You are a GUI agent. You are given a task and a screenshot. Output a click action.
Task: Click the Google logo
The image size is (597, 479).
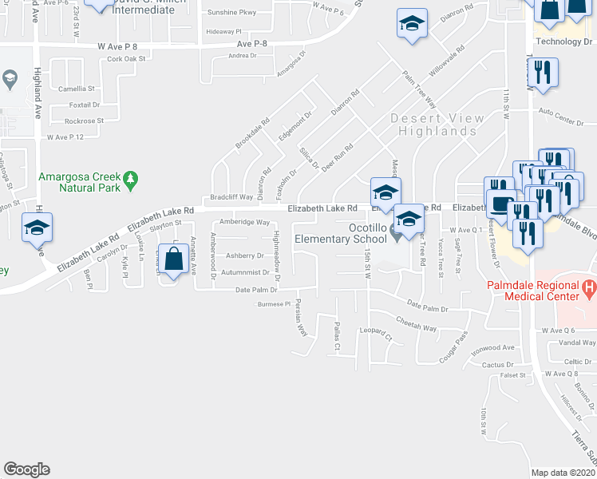tap(26, 469)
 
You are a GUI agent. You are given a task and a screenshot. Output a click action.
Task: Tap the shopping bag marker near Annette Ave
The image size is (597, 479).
tap(173, 259)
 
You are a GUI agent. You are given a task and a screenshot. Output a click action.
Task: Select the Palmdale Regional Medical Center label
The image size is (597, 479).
tap(540, 291)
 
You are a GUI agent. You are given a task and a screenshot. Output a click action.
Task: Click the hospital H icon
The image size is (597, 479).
tap(589, 286)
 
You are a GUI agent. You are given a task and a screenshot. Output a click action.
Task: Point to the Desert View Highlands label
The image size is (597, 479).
tap(437, 125)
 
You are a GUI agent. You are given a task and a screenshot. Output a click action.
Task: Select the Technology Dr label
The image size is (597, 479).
tap(566, 41)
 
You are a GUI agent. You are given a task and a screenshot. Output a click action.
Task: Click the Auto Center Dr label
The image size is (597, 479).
tap(567, 112)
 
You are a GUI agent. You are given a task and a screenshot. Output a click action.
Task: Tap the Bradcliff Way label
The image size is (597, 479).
tap(231, 196)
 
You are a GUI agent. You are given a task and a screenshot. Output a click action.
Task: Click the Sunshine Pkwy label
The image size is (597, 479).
tap(232, 13)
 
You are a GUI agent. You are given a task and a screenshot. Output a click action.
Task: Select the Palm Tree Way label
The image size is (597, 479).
tap(419, 89)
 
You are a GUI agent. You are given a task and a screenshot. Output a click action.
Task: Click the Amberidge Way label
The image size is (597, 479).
tap(245, 223)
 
